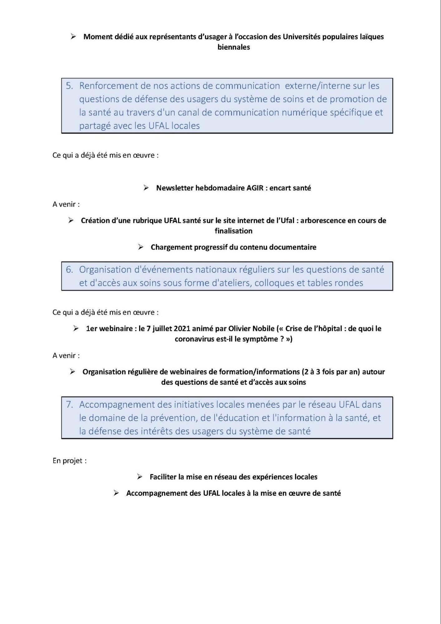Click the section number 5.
click(x=69, y=86)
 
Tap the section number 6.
click(x=69, y=270)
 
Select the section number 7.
click(x=69, y=405)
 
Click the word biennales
click(x=234, y=47)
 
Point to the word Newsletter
click(x=175, y=188)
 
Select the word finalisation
click(x=234, y=231)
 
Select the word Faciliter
click(x=163, y=477)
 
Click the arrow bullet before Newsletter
click(x=146, y=188)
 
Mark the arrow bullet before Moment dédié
click(x=73, y=37)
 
